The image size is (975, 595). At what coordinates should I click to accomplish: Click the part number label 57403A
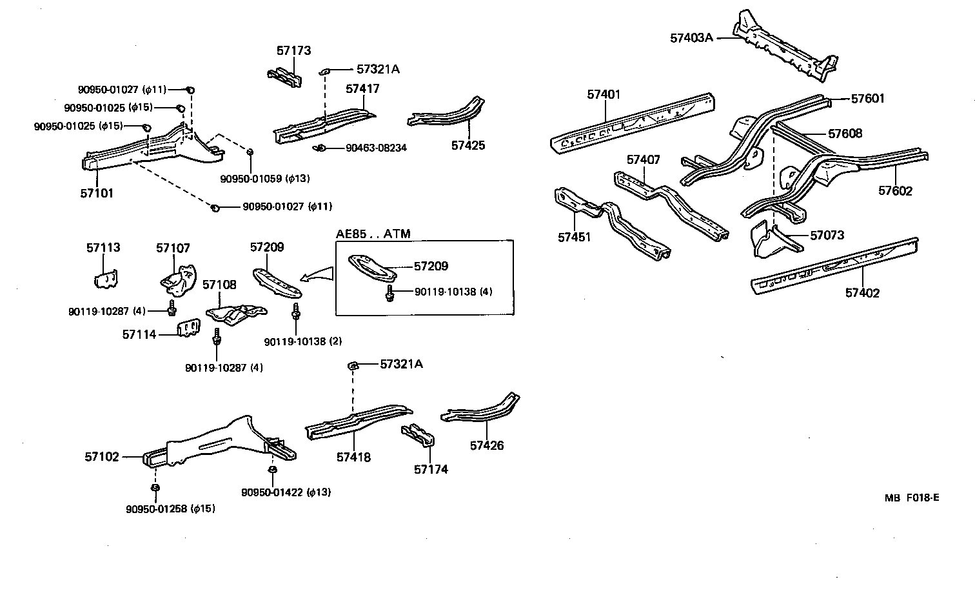(x=691, y=37)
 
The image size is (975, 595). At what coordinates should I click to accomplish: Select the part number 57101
(x=97, y=193)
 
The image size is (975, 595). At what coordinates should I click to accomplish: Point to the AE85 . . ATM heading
(x=373, y=234)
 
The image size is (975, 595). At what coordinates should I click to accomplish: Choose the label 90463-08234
(x=376, y=148)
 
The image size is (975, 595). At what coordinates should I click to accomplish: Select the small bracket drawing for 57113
(x=105, y=277)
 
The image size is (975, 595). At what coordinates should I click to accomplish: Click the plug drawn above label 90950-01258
(x=155, y=487)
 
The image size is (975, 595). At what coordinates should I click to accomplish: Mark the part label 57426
(x=487, y=445)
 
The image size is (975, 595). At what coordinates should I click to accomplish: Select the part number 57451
(x=574, y=237)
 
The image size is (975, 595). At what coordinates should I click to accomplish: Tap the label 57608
(x=845, y=134)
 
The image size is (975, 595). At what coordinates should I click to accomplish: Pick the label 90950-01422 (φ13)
(x=286, y=492)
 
